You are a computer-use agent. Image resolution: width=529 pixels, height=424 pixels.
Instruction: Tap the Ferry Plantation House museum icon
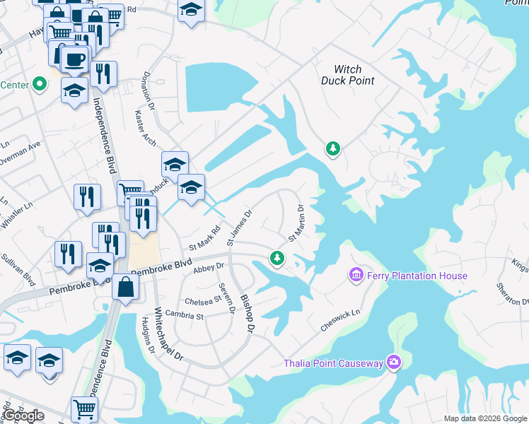(x=356, y=274)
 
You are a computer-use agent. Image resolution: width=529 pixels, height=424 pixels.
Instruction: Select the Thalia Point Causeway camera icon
(x=394, y=363)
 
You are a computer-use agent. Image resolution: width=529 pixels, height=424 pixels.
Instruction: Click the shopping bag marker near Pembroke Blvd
(x=124, y=287)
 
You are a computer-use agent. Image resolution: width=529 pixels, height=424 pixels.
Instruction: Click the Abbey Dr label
(x=208, y=266)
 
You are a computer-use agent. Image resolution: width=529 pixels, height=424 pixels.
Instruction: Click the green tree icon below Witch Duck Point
(x=332, y=148)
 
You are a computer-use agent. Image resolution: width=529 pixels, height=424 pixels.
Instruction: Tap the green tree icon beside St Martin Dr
(x=277, y=259)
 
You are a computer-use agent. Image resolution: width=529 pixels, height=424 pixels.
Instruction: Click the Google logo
(x=24, y=416)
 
